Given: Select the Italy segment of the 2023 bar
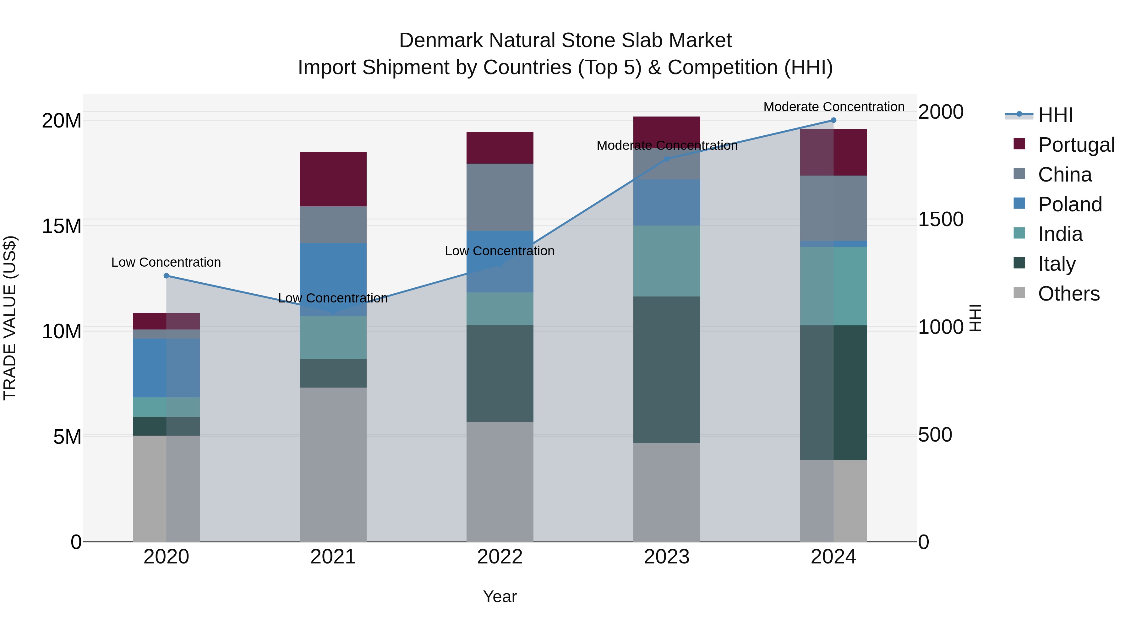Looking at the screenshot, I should [666, 370].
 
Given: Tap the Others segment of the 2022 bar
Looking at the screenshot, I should [500, 481].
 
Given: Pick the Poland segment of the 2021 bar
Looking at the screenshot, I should [333, 279].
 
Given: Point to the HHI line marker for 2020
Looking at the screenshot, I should [167, 276].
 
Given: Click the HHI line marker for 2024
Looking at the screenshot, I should [833, 120].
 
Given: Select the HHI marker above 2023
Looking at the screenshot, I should [666, 159].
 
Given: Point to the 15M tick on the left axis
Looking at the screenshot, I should [62, 226].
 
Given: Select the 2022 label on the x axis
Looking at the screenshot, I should [500, 557].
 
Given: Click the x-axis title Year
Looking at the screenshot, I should [500, 596].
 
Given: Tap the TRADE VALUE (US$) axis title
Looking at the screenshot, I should [10, 318].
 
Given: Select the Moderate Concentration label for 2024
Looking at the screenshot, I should [833, 107].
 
